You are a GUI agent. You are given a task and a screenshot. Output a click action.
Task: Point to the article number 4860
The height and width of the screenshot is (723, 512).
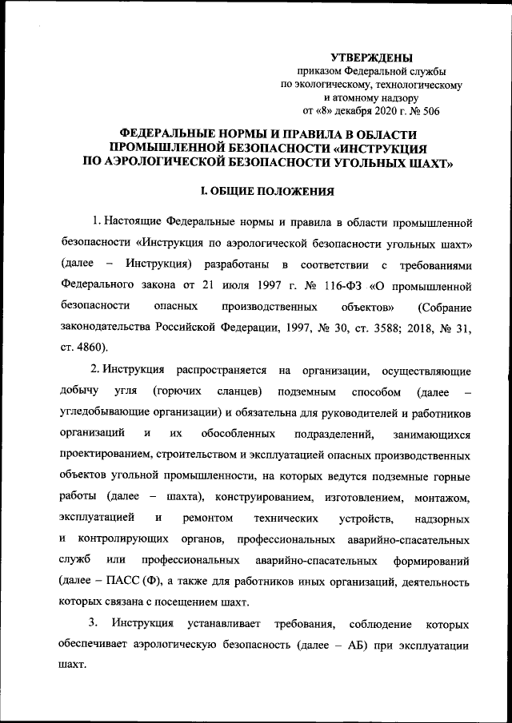pos(89,348)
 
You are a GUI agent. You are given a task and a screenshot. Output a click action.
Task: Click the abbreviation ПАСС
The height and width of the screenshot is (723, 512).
pos(113,580)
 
